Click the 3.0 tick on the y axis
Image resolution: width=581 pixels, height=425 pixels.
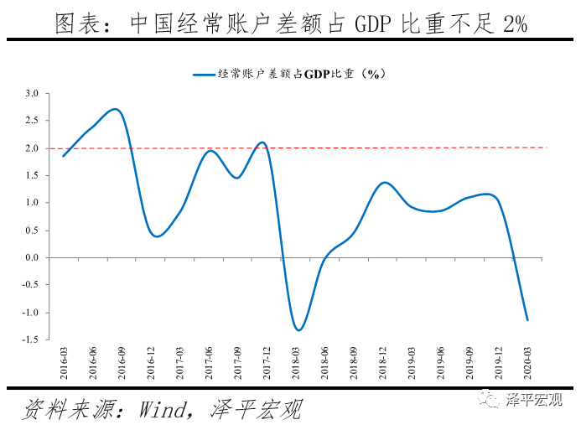point(32,93)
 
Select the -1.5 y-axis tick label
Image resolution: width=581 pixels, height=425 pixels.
point(30,340)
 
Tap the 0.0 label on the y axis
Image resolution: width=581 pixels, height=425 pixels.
point(32,258)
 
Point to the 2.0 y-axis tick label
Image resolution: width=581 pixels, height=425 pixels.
point(32,148)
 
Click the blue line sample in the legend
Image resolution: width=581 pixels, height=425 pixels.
point(204,74)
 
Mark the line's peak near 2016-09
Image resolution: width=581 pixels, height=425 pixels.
point(116,109)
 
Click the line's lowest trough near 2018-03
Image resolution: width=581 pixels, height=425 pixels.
point(298,330)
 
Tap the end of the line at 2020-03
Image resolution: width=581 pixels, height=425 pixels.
point(527,320)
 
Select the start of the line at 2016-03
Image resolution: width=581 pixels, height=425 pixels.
point(63,156)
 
